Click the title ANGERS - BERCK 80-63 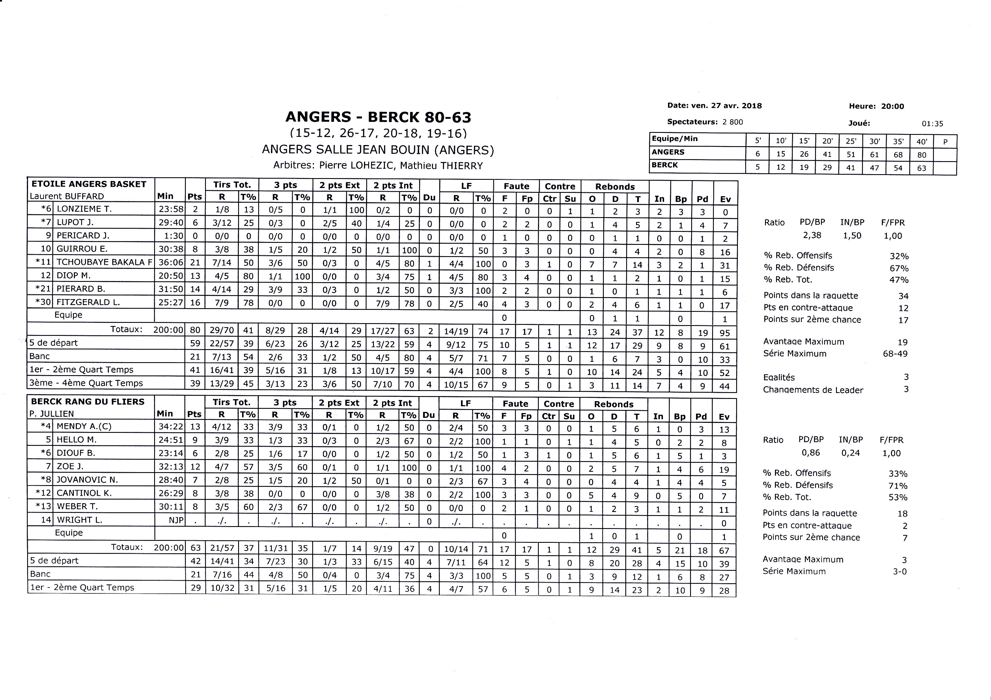pyautogui.click(x=378, y=117)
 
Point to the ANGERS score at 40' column pyautogui.click(x=921, y=155)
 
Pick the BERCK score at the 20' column pyautogui.click(x=827, y=167)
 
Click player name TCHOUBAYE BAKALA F pyautogui.click(x=104, y=262)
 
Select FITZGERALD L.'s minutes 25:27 pyautogui.click(x=171, y=302)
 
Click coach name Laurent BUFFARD pyautogui.click(x=67, y=196)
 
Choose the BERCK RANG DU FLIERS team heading pyautogui.click(x=88, y=402)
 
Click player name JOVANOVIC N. pyautogui.click(x=87, y=479)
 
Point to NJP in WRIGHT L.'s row pyautogui.click(x=176, y=520)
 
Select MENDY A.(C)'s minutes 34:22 pyautogui.click(x=171, y=426)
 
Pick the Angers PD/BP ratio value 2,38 pyautogui.click(x=812, y=236)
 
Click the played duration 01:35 pyautogui.click(x=932, y=124)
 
